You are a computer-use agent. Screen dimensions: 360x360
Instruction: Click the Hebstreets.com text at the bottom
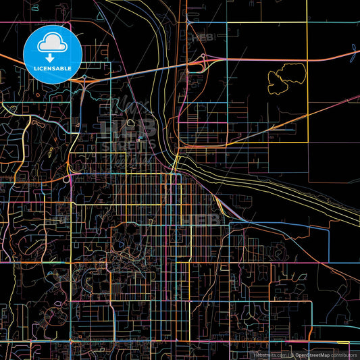click(269, 354)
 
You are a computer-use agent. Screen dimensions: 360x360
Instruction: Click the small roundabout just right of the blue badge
click(82, 78)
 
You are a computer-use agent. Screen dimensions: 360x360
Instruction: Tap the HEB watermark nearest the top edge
click(201, 38)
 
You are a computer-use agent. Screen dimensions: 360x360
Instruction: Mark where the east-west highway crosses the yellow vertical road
click(307, 57)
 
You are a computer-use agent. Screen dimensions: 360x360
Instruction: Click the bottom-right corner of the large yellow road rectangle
click(307, 142)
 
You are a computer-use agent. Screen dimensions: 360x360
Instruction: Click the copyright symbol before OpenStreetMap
click(292, 354)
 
